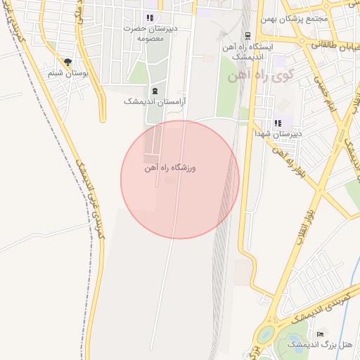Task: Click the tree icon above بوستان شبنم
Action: [x=67, y=62]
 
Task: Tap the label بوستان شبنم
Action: [x=67, y=73]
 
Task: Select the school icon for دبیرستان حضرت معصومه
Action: [x=149, y=18]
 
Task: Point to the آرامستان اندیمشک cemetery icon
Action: [x=154, y=91]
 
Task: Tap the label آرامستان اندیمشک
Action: [x=148, y=102]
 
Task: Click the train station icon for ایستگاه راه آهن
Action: [x=247, y=35]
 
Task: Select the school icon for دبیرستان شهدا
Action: [x=278, y=123]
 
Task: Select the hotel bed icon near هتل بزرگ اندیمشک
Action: [x=321, y=334]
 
